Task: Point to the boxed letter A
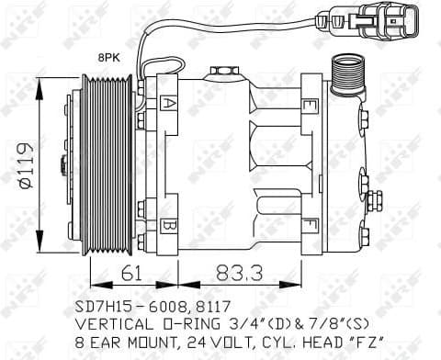point(169,103)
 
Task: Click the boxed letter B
point(168,224)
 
